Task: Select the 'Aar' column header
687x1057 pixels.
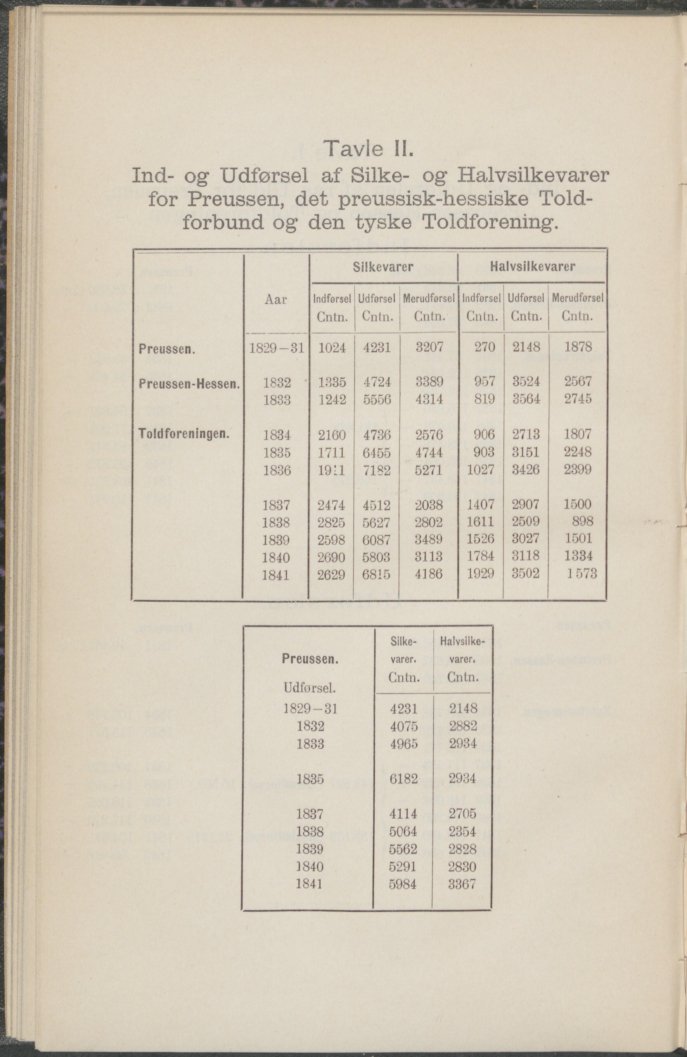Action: pyautogui.click(x=276, y=300)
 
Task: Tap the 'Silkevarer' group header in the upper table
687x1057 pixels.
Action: pyautogui.click(x=383, y=267)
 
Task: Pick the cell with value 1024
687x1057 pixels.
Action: pyautogui.click(x=332, y=347)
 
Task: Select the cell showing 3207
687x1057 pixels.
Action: pyautogui.click(x=429, y=347)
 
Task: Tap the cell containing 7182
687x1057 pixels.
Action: pyautogui.click(x=377, y=470)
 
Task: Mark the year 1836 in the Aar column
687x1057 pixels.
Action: pyautogui.click(x=277, y=470)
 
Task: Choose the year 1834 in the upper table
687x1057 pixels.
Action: pyautogui.click(x=277, y=435)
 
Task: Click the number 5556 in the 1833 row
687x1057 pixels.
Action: pyautogui.click(x=377, y=399)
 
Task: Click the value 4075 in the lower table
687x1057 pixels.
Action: pyautogui.click(x=403, y=726)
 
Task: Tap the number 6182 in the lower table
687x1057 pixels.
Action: pyautogui.click(x=403, y=778)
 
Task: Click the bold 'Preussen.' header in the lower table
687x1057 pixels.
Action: pyautogui.click(x=310, y=659)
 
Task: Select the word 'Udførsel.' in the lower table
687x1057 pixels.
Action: pyautogui.click(x=309, y=688)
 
